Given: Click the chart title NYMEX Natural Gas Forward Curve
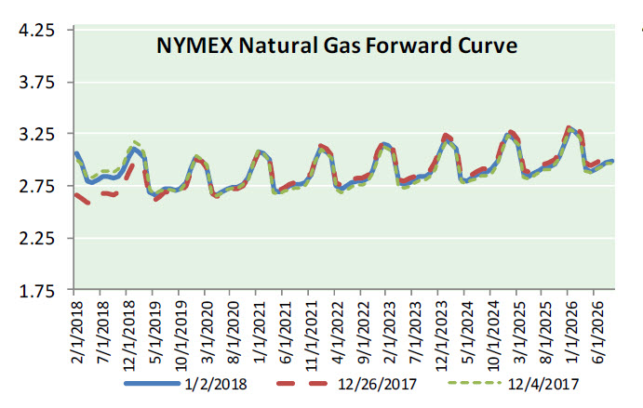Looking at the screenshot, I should click(x=336, y=46).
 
